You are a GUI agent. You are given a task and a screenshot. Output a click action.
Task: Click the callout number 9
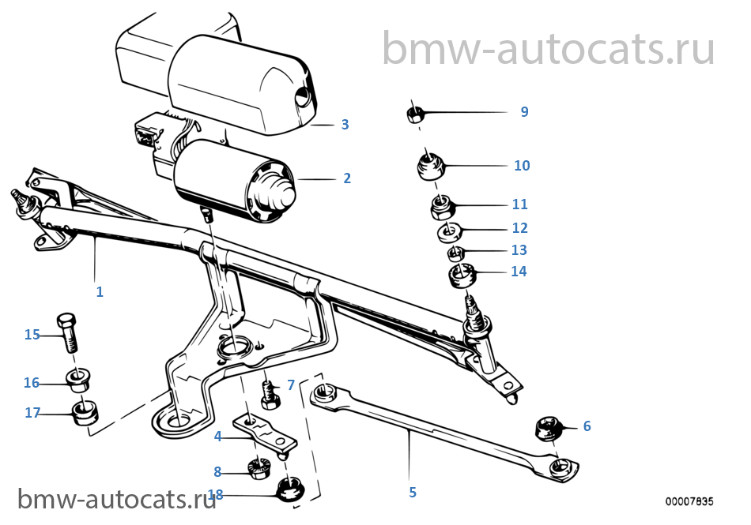click(524, 112)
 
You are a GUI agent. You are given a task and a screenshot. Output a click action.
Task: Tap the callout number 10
click(522, 166)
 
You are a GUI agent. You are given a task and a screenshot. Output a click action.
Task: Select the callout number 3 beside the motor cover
click(345, 125)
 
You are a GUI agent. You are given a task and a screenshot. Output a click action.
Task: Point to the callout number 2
click(346, 178)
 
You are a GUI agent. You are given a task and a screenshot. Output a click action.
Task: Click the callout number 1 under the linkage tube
click(100, 291)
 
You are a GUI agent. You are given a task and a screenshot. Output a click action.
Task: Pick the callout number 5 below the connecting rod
click(413, 493)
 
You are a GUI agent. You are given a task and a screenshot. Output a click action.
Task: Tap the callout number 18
click(216, 496)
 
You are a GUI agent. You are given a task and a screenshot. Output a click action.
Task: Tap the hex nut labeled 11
click(441, 207)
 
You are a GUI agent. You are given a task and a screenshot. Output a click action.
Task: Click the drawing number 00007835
click(689, 501)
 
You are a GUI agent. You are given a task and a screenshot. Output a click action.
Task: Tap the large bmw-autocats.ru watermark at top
click(549, 49)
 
